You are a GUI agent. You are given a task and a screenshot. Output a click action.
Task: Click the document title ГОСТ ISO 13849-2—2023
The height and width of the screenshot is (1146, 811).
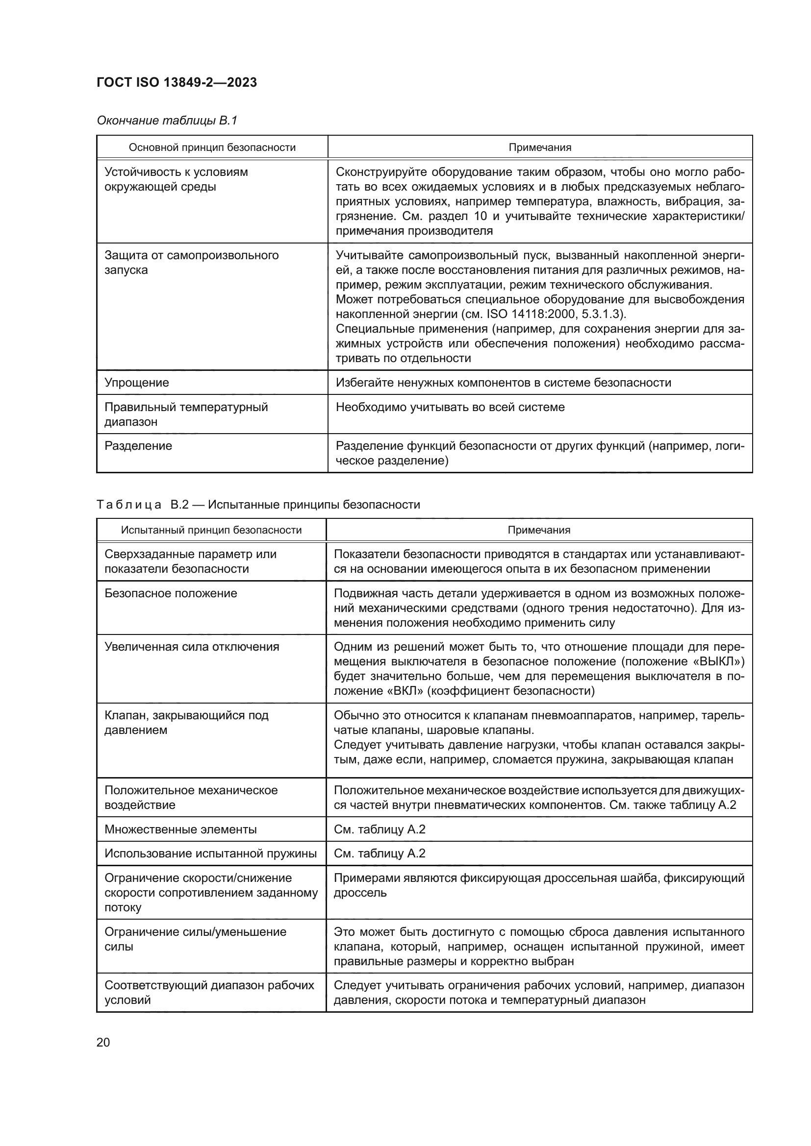(177, 82)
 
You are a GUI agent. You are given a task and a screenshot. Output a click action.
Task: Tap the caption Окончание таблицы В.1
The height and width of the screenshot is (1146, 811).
(167, 121)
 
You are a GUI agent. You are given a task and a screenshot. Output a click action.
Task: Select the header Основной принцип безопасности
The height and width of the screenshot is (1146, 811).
(212, 147)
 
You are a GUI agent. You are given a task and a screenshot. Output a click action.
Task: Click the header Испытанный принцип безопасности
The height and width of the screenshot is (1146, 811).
(211, 530)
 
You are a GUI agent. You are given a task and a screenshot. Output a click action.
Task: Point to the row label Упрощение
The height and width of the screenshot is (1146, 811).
(137, 382)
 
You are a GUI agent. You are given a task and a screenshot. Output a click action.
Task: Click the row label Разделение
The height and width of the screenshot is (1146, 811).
(138, 446)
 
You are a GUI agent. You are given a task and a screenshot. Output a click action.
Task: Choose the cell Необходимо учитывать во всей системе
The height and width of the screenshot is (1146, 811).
(450, 407)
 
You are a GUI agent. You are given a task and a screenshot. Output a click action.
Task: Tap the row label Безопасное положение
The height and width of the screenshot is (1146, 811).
(171, 593)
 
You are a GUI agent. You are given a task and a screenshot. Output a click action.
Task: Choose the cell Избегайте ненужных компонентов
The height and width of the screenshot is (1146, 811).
(503, 382)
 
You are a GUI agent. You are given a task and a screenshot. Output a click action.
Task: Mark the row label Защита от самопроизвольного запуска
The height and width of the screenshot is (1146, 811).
(191, 263)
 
